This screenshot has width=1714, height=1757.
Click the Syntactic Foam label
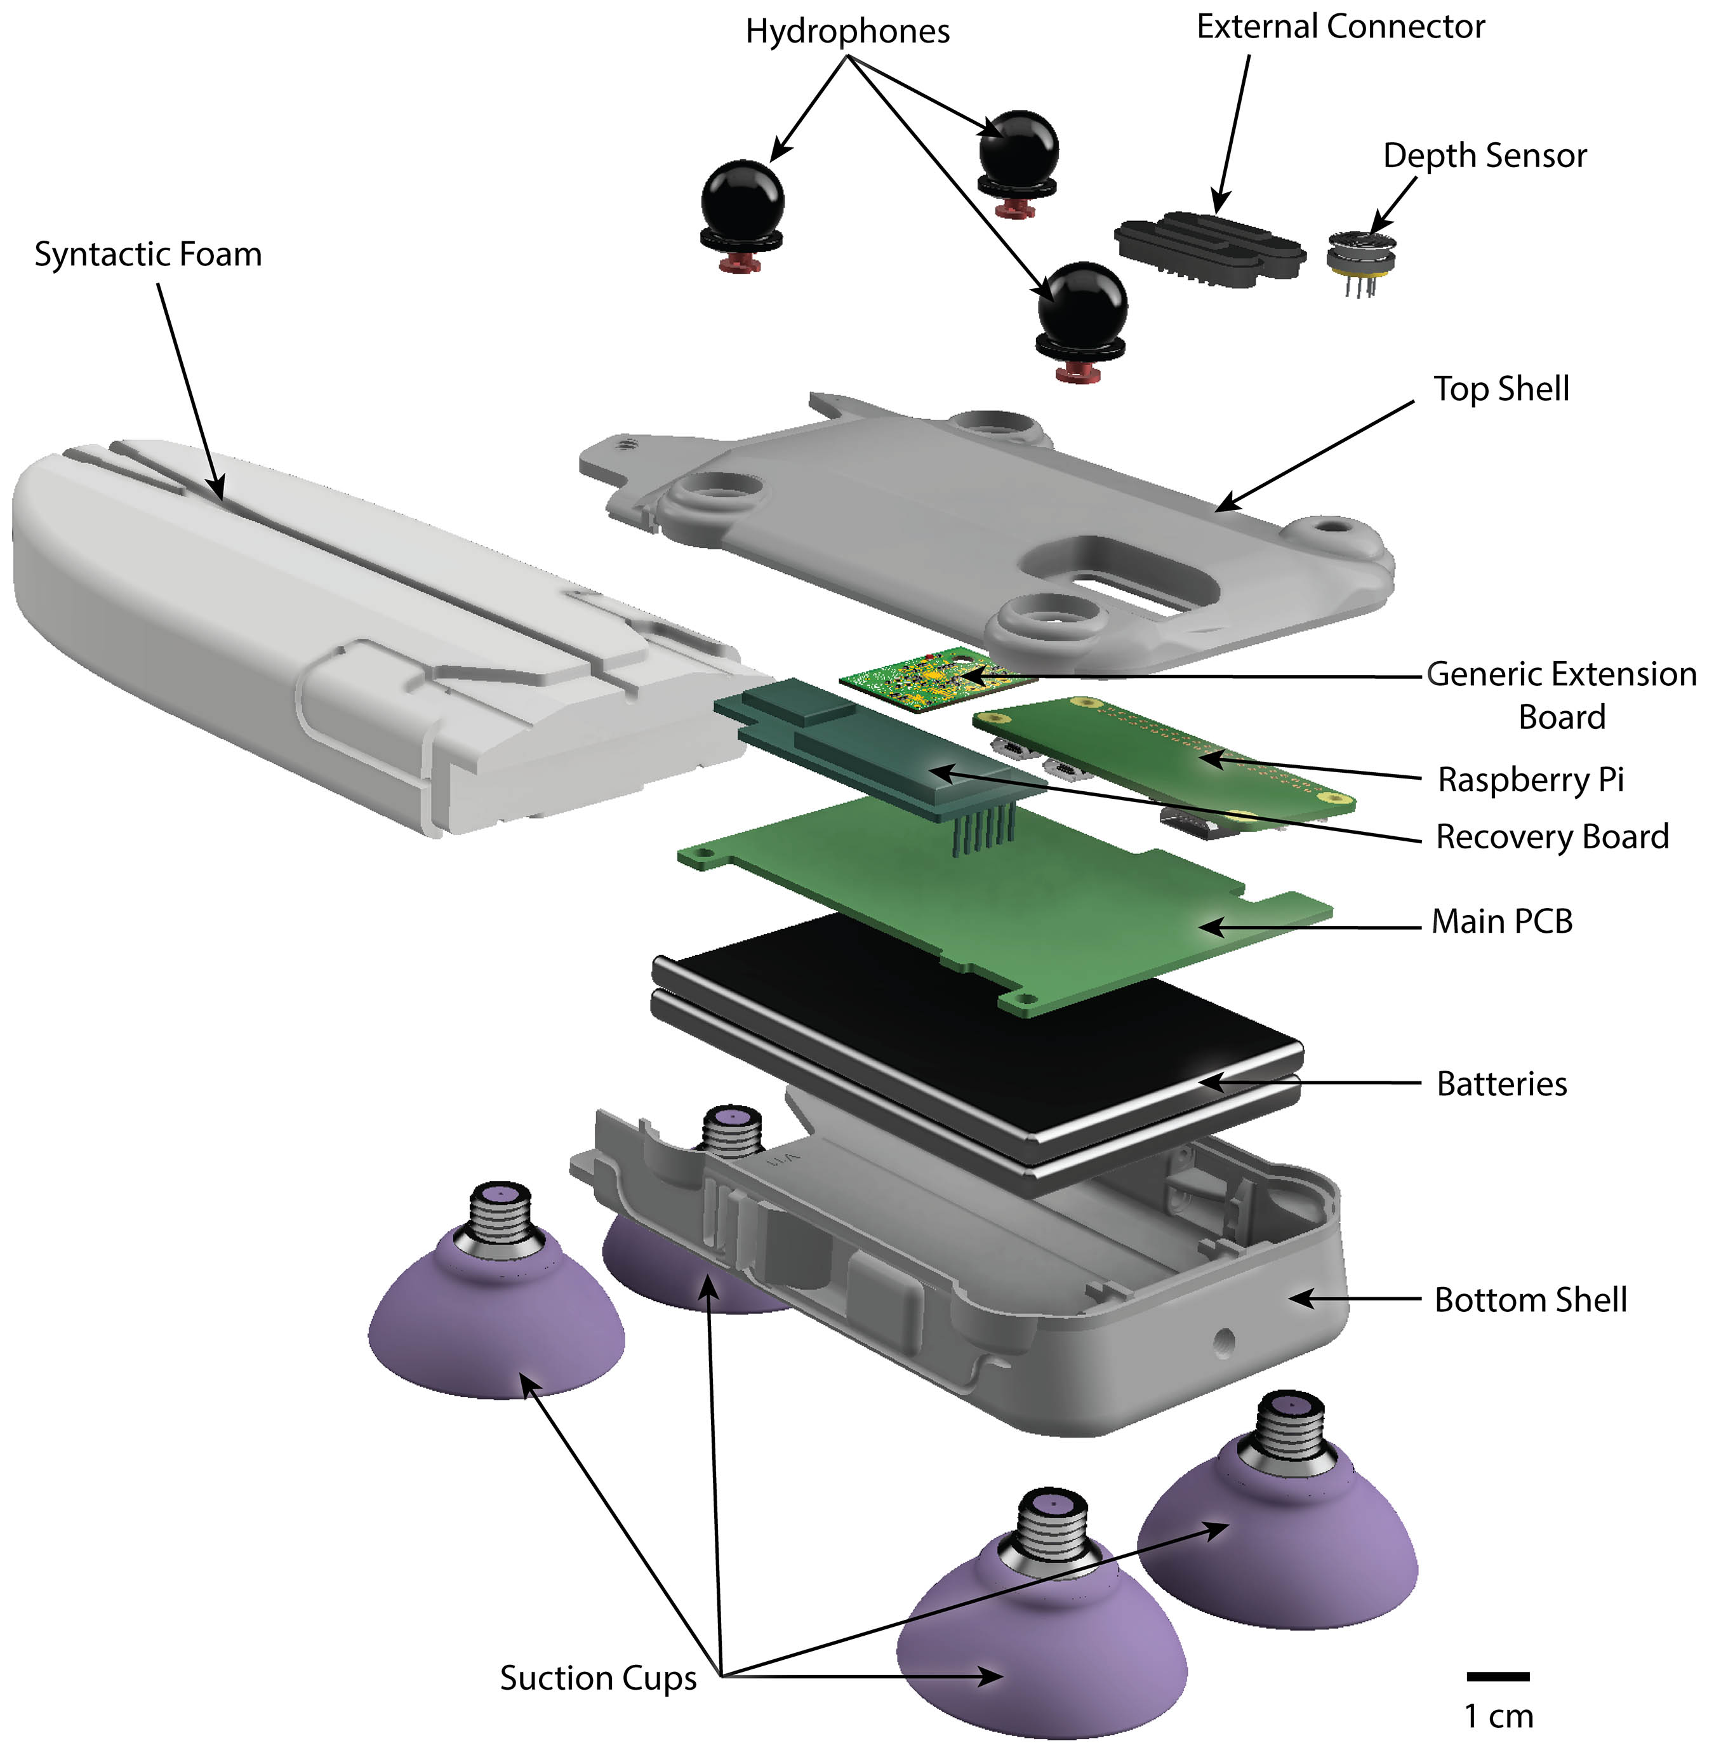[148, 255]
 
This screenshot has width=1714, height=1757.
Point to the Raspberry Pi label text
[1531, 780]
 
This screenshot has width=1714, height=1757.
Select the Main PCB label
[1501, 922]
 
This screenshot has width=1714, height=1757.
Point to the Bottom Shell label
[1531, 1300]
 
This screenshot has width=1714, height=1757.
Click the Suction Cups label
[599, 1679]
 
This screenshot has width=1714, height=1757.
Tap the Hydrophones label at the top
[847, 32]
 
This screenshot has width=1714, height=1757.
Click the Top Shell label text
[1501, 389]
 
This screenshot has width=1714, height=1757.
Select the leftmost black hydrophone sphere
[743, 197]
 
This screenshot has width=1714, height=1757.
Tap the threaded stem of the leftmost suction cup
[502, 1220]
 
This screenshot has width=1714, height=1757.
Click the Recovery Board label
[1552, 838]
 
